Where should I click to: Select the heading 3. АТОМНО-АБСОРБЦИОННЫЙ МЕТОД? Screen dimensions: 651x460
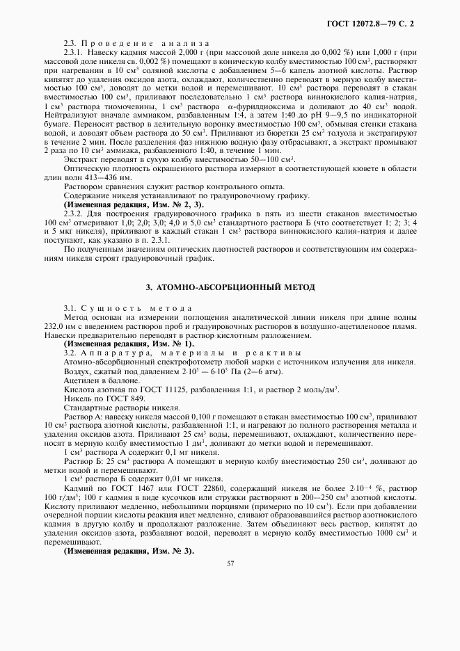(x=230, y=286)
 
